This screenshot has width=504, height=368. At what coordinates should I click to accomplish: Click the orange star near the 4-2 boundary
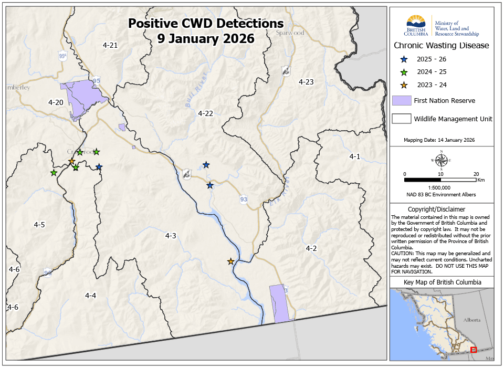coord(230,261)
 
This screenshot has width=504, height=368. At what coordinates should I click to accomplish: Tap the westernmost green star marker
coord(54,173)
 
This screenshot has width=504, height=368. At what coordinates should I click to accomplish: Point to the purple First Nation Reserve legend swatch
coord(402,101)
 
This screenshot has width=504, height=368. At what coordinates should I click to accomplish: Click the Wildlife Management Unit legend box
coord(402,118)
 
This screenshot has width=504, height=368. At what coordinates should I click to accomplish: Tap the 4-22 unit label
coord(205,113)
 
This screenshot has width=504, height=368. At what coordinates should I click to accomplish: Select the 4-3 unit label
coord(171,236)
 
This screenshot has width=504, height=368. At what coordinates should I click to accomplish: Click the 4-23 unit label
coord(306,82)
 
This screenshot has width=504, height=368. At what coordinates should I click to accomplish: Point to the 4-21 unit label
coord(110,45)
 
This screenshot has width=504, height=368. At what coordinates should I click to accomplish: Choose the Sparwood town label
coord(290,33)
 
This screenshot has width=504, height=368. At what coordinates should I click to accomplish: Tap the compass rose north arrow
coord(442,159)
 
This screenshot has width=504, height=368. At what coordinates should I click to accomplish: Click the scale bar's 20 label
coord(476,174)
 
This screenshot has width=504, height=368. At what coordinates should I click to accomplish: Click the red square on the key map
coord(473,350)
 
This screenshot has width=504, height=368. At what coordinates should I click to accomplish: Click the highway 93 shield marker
coord(244,199)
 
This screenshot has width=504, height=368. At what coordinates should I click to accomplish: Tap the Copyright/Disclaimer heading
coord(441,209)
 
